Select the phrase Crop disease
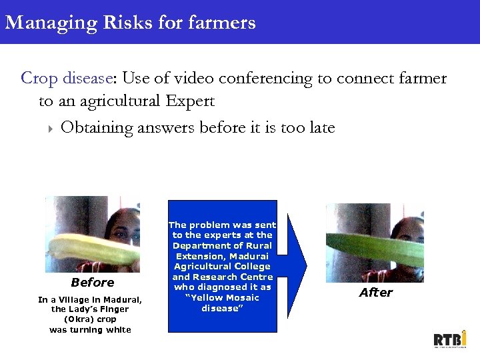65,79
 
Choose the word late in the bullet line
319,127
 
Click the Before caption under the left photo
92,283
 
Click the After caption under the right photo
376,293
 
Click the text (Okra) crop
90,319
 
